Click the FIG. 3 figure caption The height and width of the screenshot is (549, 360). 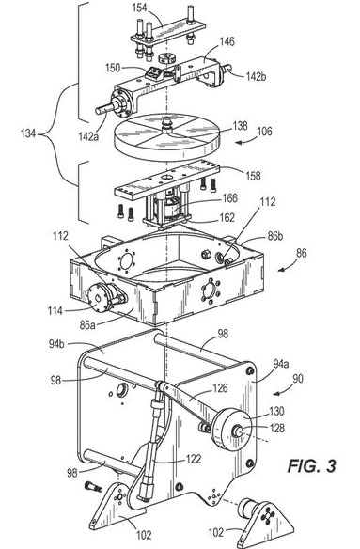pyautogui.click(x=312, y=466)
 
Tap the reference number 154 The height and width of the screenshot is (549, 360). pyautogui.click(x=139, y=8)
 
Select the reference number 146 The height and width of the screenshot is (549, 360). pyautogui.click(x=227, y=42)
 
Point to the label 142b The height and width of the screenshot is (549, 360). pyautogui.click(x=256, y=76)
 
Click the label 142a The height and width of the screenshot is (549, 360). pyautogui.click(x=88, y=136)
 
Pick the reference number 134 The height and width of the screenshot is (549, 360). pyautogui.click(x=28, y=133)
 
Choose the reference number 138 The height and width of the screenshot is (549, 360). pyautogui.click(x=240, y=126)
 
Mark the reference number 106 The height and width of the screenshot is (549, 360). pyautogui.click(x=264, y=132)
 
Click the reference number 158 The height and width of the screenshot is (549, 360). pyautogui.click(x=253, y=176)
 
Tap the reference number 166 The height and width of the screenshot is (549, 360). pyautogui.click(x=229, y=198)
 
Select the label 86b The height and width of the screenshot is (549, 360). pyautogui.click(x=275, y=236)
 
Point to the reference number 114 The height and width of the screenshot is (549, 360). pyautogui.click(x=55, y=310)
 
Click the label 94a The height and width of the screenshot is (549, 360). pyautogui.click(x=280, y=365)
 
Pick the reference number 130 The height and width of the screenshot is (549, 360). pyautogui.click(x=276, y=411)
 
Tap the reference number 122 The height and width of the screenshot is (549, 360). pyautogui.click(x=194, y=459)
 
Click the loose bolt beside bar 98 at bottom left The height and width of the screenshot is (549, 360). pyautogui.click(x=93, y=486)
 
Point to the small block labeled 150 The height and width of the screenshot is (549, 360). pyautogui.click(x=153, y=73)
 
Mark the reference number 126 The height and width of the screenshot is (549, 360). pyautogui.click(x=220, y=388)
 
